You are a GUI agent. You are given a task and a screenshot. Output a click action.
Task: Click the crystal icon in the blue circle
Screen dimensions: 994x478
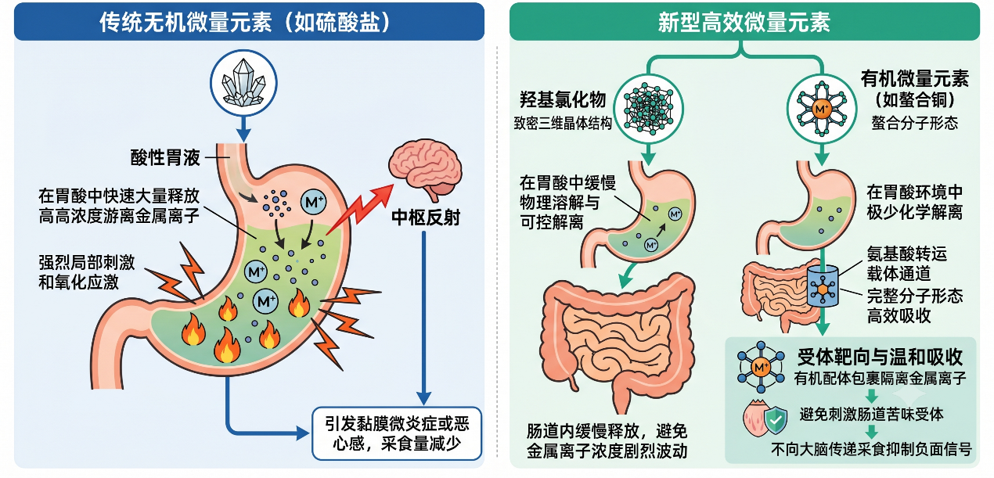(x=243, y=84)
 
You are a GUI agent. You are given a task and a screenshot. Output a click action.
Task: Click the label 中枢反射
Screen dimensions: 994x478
(x=426, y=217)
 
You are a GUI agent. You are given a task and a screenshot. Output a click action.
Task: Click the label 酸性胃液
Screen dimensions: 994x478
(x=165, y=158)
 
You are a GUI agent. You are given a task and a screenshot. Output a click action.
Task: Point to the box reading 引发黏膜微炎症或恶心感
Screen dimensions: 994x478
(x=397, y=433)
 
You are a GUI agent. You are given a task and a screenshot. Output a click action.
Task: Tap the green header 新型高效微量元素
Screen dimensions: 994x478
(x=744, y=22)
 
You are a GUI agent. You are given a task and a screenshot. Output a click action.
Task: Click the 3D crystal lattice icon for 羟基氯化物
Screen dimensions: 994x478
(x=648, y=109)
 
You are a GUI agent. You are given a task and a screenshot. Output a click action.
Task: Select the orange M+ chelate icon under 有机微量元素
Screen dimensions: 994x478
(x=822, y=109)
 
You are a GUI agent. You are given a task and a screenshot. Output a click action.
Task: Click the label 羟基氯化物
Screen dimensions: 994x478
(x=563, y=100)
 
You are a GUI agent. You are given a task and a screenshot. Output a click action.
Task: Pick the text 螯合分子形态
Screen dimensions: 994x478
(x=915, y=123)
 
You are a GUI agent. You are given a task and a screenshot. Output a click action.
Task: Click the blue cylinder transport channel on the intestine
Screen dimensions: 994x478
(x=823, y=286)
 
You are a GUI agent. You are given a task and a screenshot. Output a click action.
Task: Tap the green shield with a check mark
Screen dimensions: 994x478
(x=776, y=419)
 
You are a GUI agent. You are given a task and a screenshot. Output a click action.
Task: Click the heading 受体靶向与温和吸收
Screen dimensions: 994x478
(x=880, y=357)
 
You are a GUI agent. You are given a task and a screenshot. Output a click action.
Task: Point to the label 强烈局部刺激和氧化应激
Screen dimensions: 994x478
(x=87, y=271)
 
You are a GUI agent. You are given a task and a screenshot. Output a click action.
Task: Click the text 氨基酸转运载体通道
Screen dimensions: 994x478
(x=906, y=264)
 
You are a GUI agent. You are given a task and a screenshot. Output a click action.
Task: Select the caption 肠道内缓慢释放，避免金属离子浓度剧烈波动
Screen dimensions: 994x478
(x=607, y=440)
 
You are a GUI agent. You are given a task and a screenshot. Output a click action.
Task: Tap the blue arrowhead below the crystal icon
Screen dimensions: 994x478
(x=243, y=135)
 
